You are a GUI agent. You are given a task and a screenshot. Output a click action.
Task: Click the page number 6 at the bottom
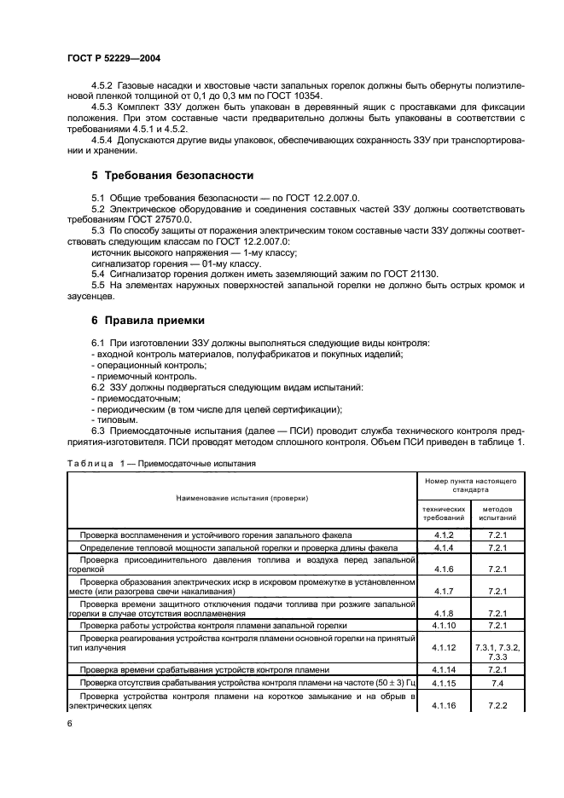tap(69, 723)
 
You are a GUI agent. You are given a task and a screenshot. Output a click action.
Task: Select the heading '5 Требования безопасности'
tap(172, 176)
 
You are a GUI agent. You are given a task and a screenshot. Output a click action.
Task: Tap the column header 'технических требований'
tap(443, 512)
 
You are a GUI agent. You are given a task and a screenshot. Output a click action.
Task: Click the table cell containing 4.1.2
tap(443, 535)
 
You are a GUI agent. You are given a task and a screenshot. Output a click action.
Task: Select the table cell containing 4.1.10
tap(443, 625)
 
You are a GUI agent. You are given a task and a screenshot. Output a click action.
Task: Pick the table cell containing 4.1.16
tap(443, 706)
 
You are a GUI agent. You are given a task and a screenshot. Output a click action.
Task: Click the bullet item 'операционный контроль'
tap(136, 365)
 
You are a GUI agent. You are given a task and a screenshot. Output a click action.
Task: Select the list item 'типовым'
tap(116, 419)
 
